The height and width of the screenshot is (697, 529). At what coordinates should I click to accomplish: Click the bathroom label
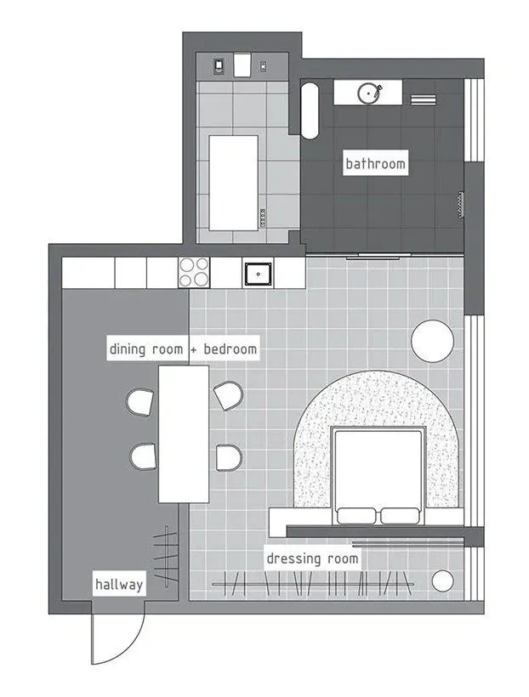pos(376,163)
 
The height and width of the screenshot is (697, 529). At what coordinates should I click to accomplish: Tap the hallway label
pos(119,584)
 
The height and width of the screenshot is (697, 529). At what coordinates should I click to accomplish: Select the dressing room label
pos(312,558)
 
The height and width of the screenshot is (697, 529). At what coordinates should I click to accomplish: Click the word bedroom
pos(230,349)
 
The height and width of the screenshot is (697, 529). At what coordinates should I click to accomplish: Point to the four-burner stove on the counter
pos(194,273)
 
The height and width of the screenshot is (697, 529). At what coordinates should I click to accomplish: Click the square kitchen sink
pos(258,275)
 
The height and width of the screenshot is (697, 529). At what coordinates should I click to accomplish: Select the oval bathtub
pos(310,110)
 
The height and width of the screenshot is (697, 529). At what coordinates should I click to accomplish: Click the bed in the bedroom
pos(378,476)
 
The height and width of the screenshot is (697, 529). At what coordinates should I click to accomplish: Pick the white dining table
pos(184,433)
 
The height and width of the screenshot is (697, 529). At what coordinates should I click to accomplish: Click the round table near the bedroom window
pos(432,341)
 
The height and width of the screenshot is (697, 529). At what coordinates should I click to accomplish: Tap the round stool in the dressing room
pos(442,581)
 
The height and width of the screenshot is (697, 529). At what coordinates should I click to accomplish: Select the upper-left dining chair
pos(140,402)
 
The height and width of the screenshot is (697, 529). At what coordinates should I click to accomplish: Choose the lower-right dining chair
pos(229,457)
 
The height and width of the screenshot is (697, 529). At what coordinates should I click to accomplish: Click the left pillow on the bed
pos(356,516)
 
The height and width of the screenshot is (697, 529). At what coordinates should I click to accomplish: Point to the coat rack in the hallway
pos(166,557)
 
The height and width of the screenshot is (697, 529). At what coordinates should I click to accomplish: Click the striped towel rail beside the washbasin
pos(423,99)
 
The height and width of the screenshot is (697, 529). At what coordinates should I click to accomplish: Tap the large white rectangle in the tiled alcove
pos(234,183)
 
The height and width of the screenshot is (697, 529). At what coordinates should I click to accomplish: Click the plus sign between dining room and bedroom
pos(193,350)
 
